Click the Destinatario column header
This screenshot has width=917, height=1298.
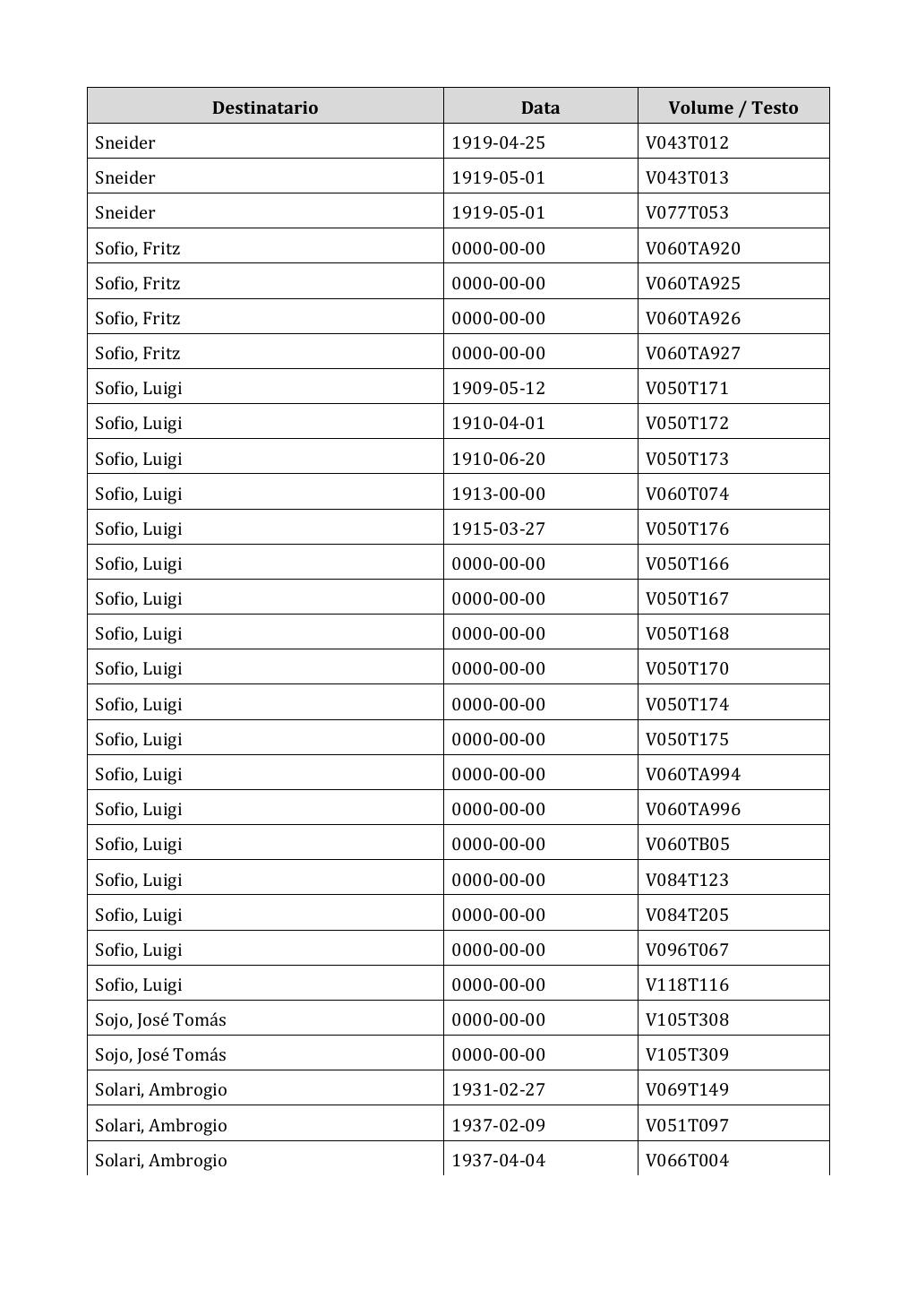pyautogui.click(x=264, y=107)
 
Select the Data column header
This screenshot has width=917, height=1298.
pyautogui.click(x=540, y=107)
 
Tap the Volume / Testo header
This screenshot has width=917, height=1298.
pyautogui.click(x=733, y=107)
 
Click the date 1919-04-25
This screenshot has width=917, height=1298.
pyautogui.click(x=498, y=142)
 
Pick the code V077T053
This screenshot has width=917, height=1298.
pyautogui.click(x=687, y=212)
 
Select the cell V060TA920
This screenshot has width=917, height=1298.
pyautogui.click(x=692, y=248)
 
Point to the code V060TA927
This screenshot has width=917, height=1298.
pyautogui.click(x=692, y=353)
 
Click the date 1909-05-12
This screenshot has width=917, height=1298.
pyautogui.click(x=498, y=388)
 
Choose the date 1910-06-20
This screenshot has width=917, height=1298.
pyautogui.click(x=498, y=459)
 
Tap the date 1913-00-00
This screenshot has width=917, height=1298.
pyautogui.click(x=498, y=494)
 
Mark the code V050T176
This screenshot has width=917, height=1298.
pyautogui.click(x=687, y=529)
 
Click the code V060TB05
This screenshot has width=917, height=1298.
pyautogui.click(x=687, y=844)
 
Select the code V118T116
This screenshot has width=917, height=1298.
pyautogui.click(x=687, y=984)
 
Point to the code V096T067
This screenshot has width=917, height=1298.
pyautogui.click(x=687, y=950)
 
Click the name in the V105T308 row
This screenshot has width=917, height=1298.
pyautogui.click(x=160, y=1019)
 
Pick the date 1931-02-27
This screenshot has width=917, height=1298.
pyautogui.click(x=498, y=1089)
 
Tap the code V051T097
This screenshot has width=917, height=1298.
pyautogui.click(x=687, y=1125)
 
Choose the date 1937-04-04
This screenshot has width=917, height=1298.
pyautogui.click(x=498, y=1160)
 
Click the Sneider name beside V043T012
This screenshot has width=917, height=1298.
pyautogui.click(x=124, y=142)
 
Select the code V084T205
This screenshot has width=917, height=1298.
pyautogui.click(x=687, y=915)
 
